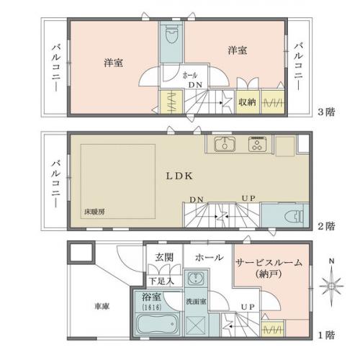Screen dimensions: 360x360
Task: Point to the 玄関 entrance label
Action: [x=164, y=258]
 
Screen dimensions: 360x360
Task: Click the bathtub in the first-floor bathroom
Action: [x=156, y=327]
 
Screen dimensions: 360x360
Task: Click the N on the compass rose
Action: [x=330, y=261]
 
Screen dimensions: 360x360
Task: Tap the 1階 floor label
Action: [x=325, y=336]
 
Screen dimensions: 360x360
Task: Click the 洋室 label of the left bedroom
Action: [x=112, y=63]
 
